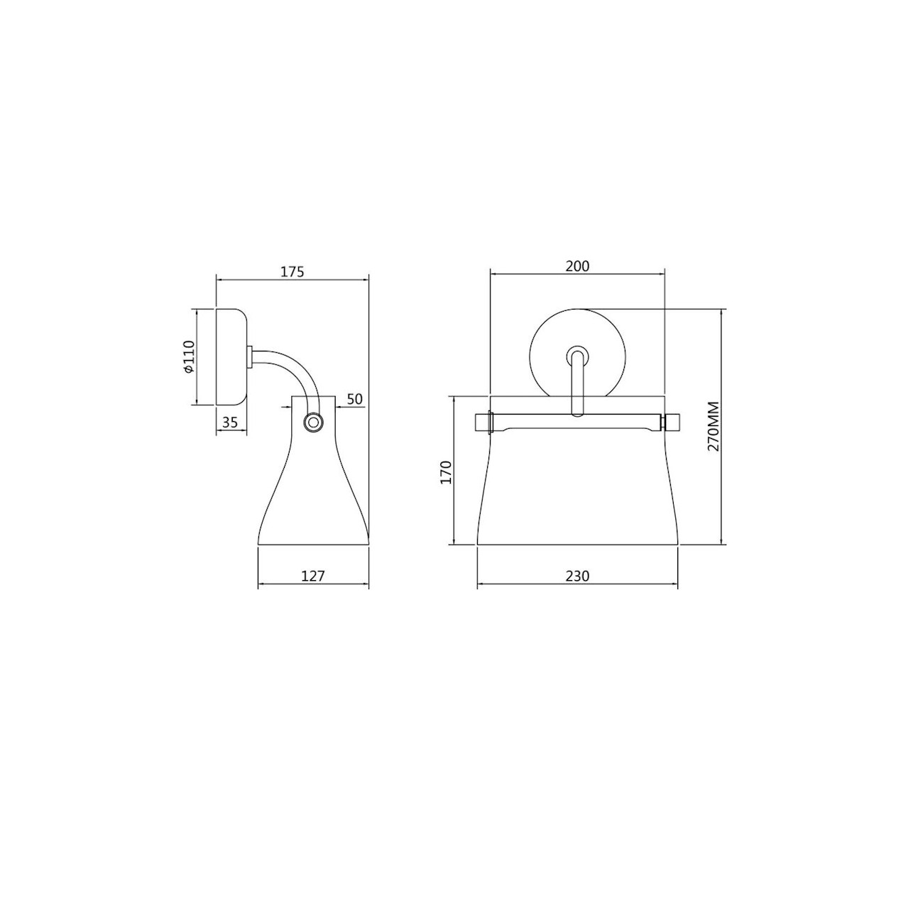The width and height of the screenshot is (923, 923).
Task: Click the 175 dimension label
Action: pos(293,272)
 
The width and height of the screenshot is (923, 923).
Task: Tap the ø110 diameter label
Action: pos(189,356)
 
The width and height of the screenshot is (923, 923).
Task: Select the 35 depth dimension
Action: pos(230,422)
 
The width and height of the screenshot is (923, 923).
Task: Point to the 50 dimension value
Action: pos(354,399)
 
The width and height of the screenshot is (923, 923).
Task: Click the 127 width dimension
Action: pos(313,576)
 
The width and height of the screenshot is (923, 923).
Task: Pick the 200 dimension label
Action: pos(577,266)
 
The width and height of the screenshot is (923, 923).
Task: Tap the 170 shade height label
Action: pos(446,472)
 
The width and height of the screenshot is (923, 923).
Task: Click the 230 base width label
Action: pos(577,576)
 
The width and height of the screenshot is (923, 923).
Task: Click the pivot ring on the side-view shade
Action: pos(313,422)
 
